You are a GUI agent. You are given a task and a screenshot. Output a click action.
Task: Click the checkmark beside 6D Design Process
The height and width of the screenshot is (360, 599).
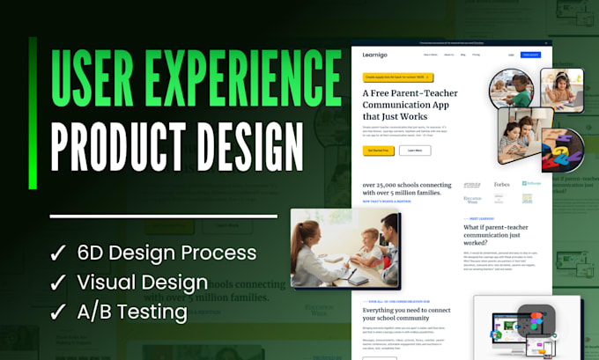tap(57, 253)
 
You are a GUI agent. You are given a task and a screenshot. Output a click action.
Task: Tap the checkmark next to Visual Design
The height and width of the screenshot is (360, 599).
tap(57, 283)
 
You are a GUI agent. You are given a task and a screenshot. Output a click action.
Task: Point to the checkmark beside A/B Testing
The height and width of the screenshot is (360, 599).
tap(57, 312)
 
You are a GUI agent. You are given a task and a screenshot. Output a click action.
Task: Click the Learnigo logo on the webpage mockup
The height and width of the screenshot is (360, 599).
tap(373, 55)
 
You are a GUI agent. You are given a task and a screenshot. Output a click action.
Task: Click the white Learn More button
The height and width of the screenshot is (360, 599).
tap(414, 151)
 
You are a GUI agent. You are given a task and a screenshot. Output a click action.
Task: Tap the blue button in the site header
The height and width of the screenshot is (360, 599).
tap(530, 55)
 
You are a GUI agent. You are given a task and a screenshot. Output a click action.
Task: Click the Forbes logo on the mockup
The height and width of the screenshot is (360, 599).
tap(501, 185)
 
